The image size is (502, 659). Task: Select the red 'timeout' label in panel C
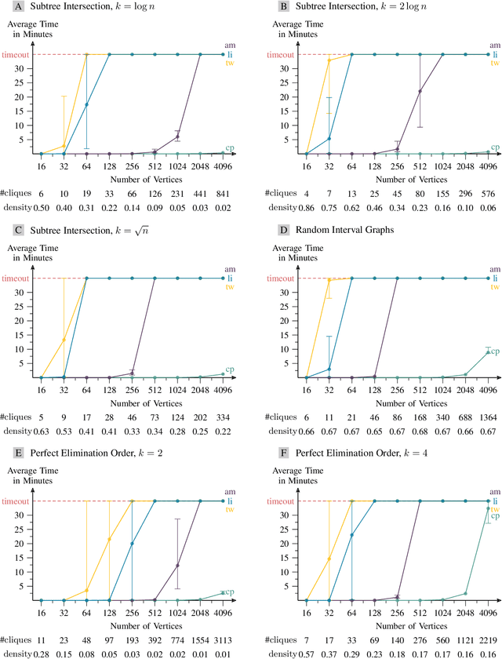pos(16,279)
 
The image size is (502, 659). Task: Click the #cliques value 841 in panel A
pos(224,193)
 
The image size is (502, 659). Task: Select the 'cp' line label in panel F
pos(495,515)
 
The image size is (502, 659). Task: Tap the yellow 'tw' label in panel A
pos(230,64)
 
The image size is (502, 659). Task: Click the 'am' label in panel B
pos(495,46)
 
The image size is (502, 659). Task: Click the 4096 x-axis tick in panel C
pos(224,389)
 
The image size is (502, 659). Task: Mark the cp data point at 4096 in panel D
pos(488,352)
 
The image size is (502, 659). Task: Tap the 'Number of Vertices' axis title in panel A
pos(132,178)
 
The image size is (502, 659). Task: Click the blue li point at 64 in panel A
pos(86,104)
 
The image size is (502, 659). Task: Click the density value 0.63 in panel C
pos(41,430)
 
